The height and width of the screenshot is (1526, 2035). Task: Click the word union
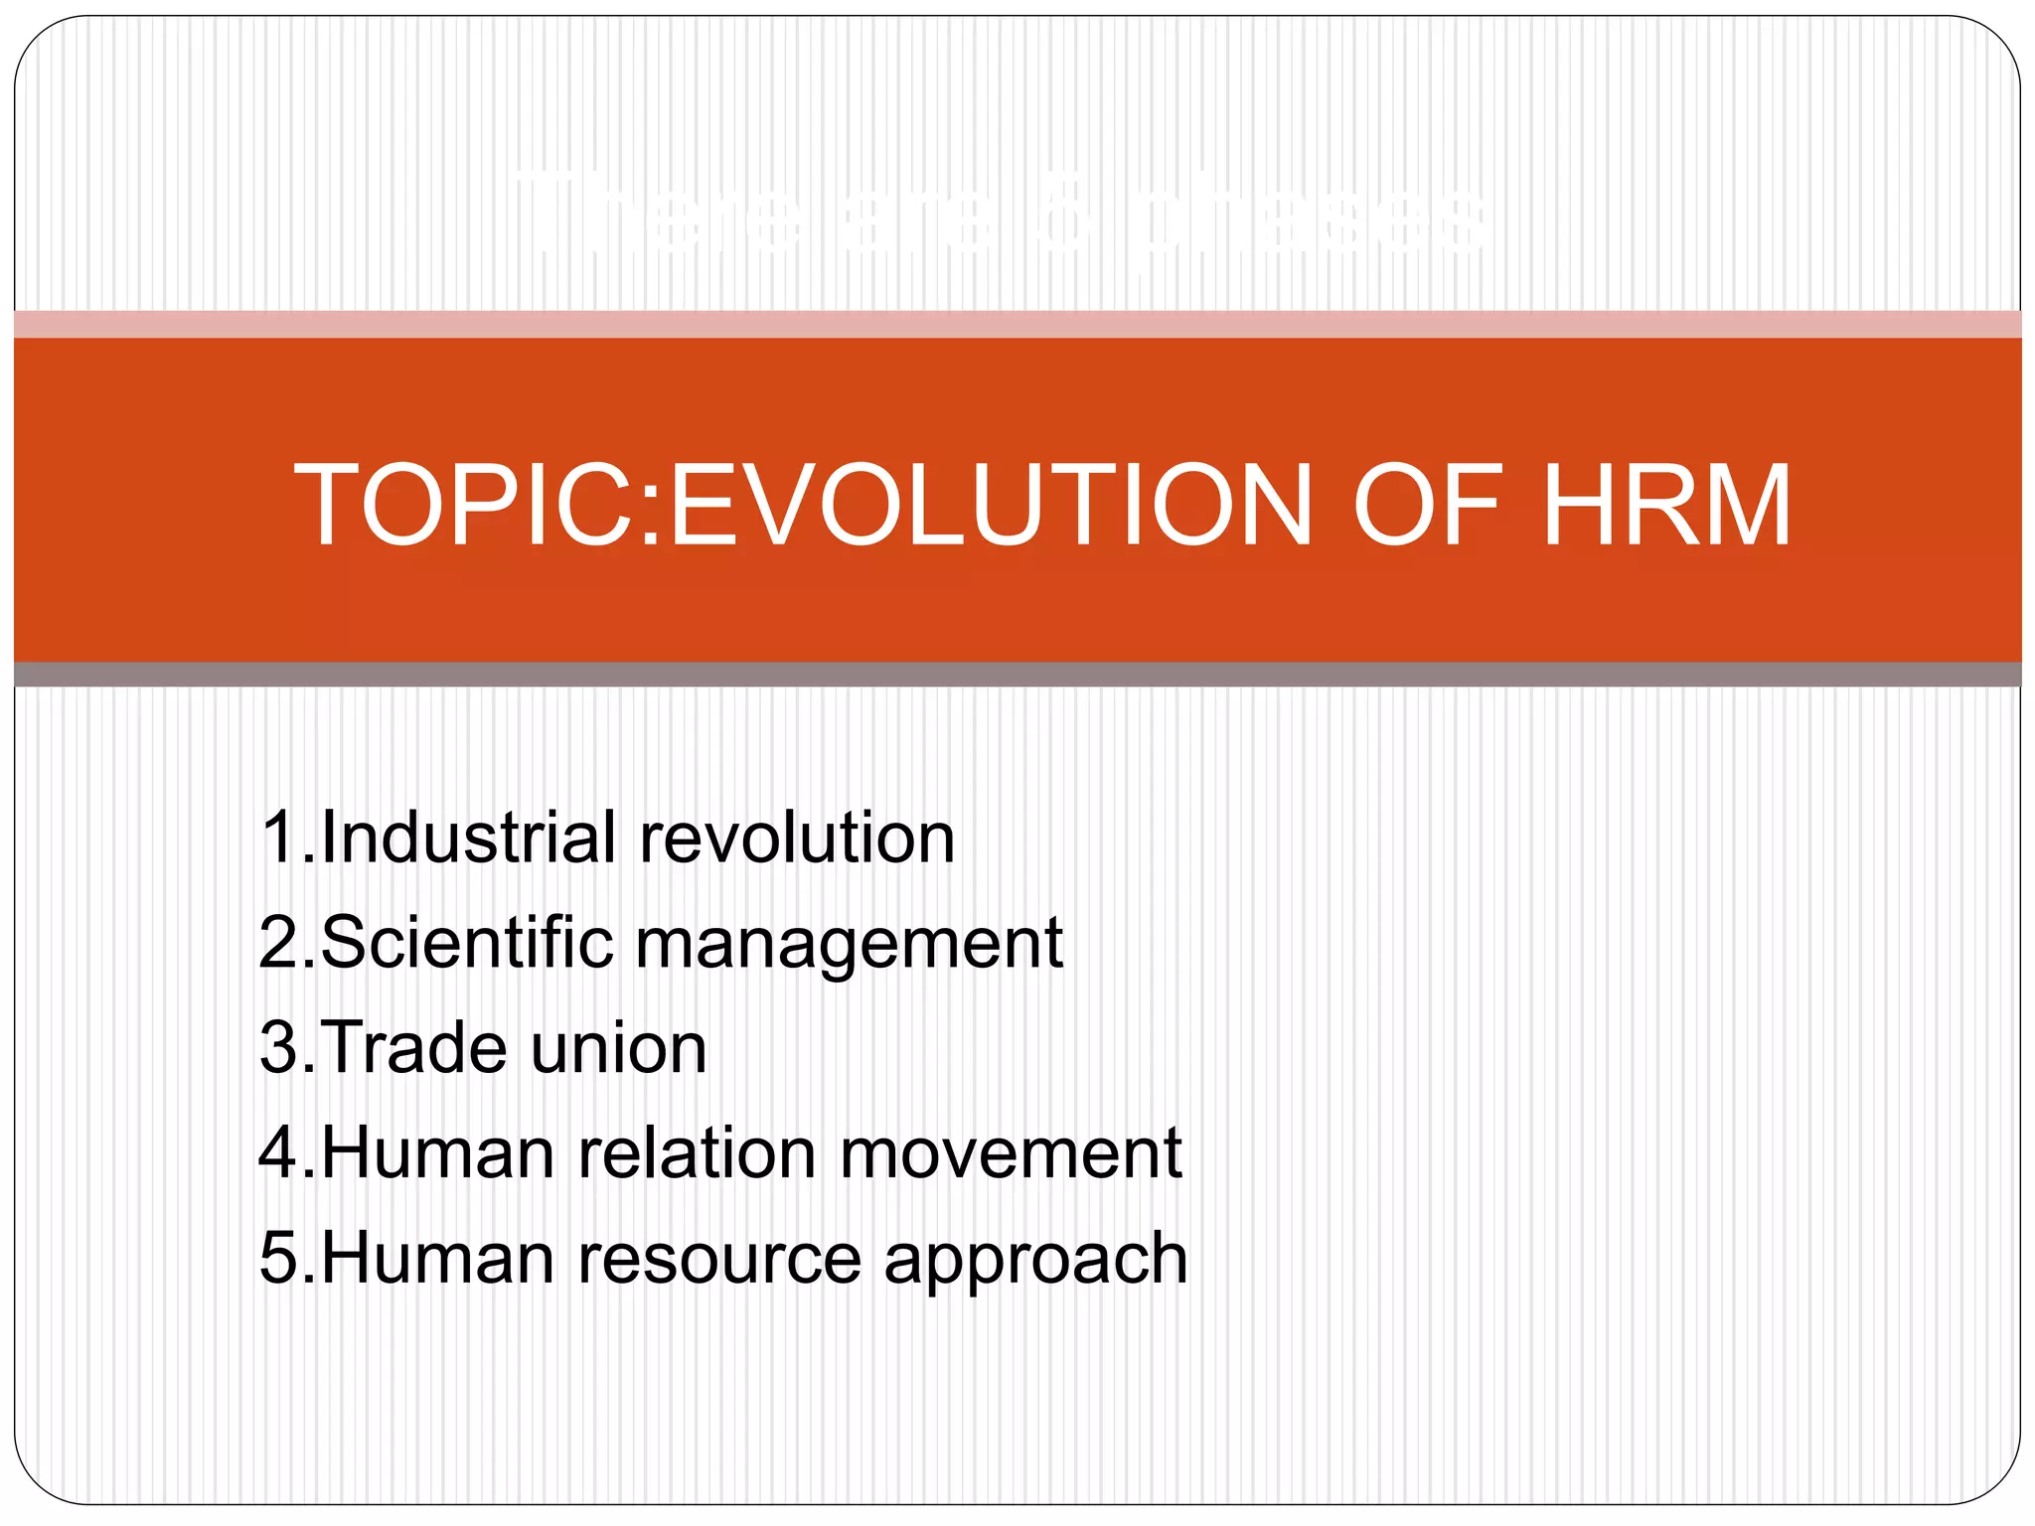618,1049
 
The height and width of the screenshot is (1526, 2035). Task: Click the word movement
1011,1154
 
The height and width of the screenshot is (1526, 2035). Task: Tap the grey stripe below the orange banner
1017,675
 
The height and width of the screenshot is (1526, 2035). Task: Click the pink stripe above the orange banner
1017,324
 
